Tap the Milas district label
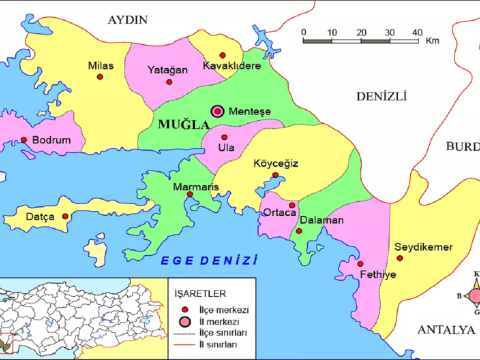(102, 65)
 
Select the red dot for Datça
(66, 215)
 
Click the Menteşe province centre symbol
(217, 112)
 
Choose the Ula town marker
(224, 137)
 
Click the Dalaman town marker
(299, 231)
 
